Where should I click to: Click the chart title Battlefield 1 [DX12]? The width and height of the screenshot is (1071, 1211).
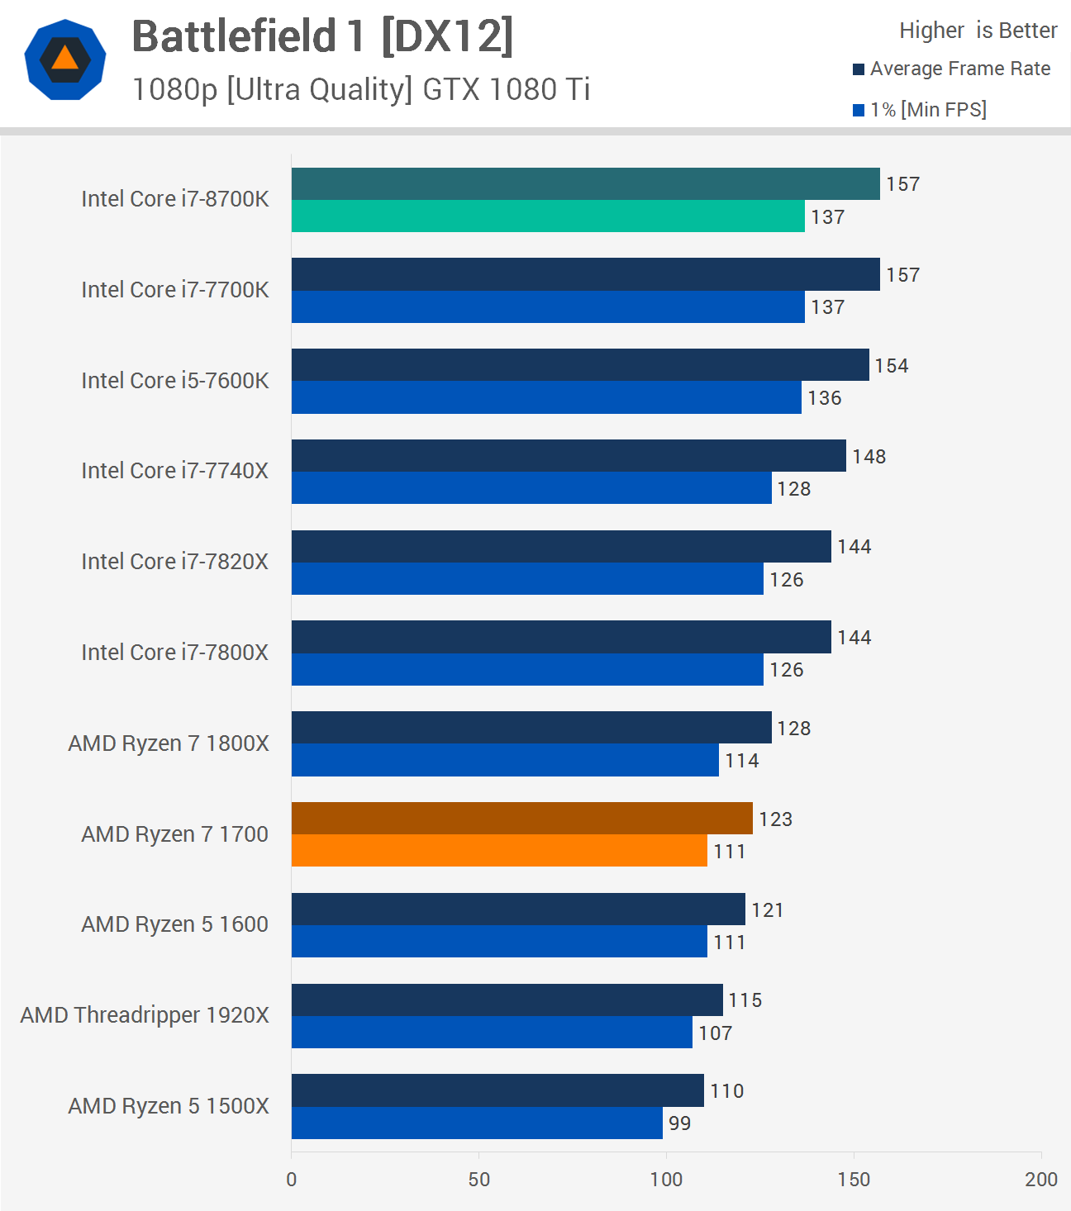pos(322,37)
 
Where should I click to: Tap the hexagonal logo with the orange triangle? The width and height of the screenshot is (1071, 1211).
pos(65,59)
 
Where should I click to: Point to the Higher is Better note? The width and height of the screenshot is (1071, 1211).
pos(978,31)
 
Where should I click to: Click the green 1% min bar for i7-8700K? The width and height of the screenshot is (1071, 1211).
pos(548,216)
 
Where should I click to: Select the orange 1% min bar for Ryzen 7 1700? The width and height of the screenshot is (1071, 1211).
pos(499,851)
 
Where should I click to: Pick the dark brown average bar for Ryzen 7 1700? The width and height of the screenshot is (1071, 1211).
pos(522,819)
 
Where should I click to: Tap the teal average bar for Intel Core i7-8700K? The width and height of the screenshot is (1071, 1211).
pos(585,183)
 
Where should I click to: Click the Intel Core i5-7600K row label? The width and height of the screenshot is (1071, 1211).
pos(175,381)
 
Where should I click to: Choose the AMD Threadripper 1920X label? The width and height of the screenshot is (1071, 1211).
pos(145,1015)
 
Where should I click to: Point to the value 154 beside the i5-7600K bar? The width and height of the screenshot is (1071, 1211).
pos(892,366)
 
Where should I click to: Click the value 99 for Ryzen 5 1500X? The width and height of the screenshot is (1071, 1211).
pos(679,1123)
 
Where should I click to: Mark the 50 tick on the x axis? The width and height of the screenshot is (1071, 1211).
pos(479,1180)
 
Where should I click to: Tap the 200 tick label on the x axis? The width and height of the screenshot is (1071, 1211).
pos(1040,1180)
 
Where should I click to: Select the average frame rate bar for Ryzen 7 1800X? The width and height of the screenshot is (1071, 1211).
pos(531,728)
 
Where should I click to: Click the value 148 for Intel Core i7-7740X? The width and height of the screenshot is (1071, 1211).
pos(869,457)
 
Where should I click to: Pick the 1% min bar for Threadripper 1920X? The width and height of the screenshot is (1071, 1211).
pos(492,1033)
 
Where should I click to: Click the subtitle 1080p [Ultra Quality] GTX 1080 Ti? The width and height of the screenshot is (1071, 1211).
pos(361,89)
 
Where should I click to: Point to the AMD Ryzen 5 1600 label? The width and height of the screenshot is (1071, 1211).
pos(175,924)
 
